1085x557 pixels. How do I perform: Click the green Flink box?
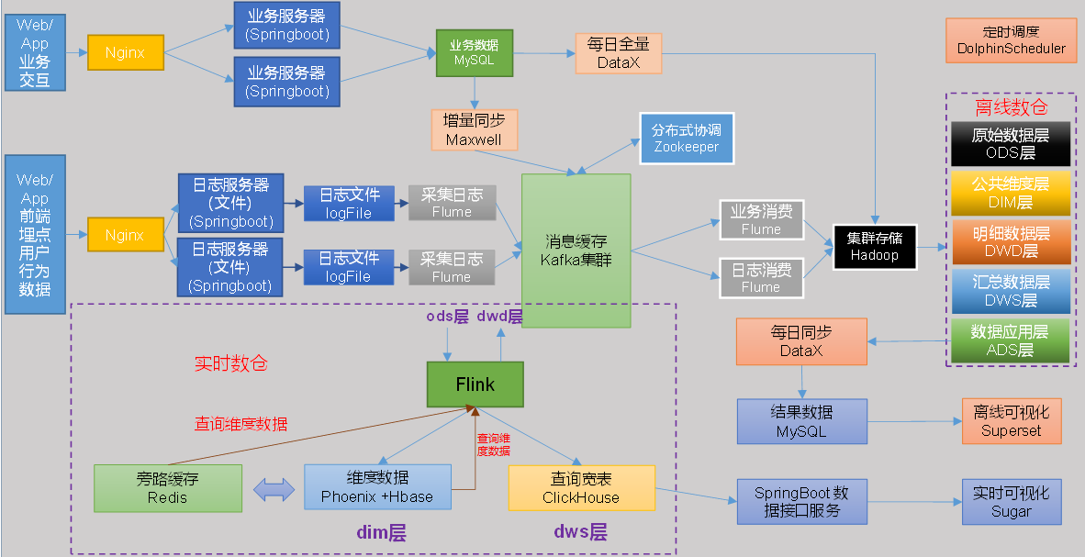pyautogui.click(x=475, y=384)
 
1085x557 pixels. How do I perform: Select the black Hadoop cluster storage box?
pyautogui.click(x=874, y=246)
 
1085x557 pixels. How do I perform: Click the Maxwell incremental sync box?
pyautogui.click(x=475, y=130)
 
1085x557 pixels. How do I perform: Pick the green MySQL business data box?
pyautogui.click(x=474, y=52)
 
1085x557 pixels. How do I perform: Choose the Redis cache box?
pyautogui.click(x=167, y=488)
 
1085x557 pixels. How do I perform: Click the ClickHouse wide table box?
pyautogui.click(x=581, y=488)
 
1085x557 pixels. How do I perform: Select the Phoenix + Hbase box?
pyautogui.click(x=377, y=487)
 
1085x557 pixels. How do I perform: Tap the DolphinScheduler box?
pyautogui.click(x=1011, y=41)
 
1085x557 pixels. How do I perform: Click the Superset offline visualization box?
pyautogui.click(x=1011, y=421)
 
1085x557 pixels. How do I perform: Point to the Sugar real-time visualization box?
pyautogui.click(x=1011, y=503)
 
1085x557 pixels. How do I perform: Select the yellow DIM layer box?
pyautogui.click(x=1010, y=193)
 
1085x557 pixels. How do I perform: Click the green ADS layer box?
pyautogui.click(x=1010, y=340)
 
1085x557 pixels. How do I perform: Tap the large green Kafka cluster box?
pyautogui.click(x=576, y=251)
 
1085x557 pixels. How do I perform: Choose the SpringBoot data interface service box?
pyautogui.click(x=801, y=501)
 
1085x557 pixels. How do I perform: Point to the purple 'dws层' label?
pyautogui.click(x=580, y=532)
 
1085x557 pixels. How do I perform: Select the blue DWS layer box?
pyautogui.click(x=1010, y=291)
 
